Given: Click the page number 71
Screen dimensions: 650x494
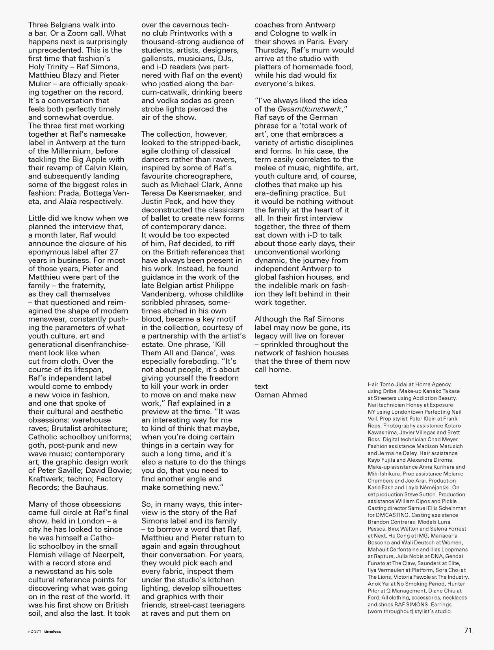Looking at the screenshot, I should (x=468, y=630).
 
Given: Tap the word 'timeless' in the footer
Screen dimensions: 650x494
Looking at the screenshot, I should (x=52, y=631).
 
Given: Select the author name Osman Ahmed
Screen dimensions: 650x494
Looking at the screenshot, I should (x=281, y=395).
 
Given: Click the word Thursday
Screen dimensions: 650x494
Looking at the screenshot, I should (x=271, y=50).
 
